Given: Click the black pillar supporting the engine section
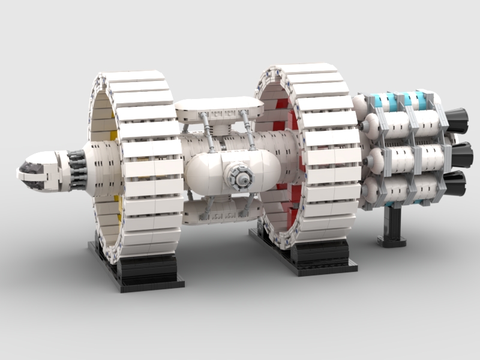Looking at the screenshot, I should coord(394,225).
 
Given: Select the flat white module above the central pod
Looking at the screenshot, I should coord(219,108).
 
